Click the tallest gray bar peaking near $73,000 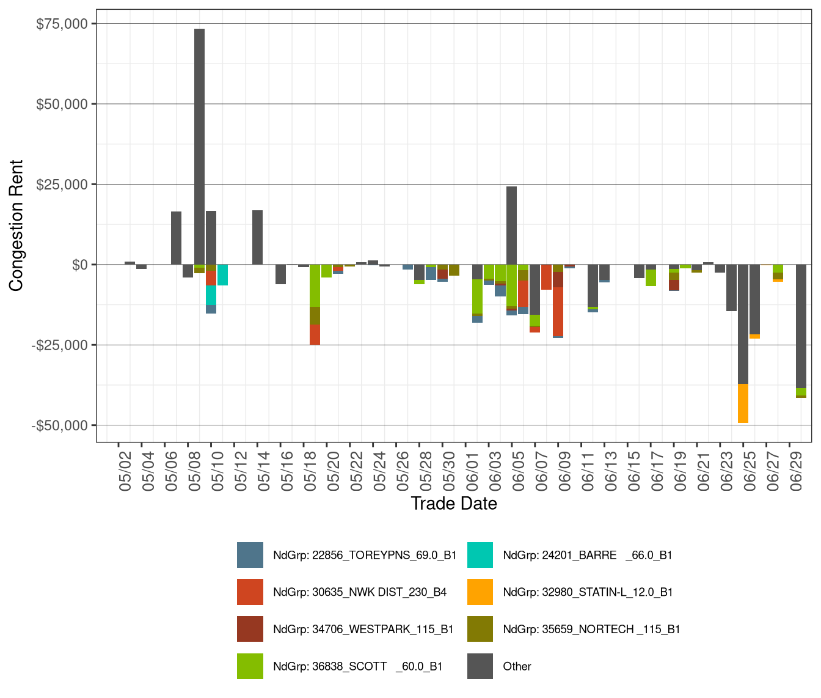[199, 147]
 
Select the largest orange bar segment [743, 403]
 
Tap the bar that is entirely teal [222, 275]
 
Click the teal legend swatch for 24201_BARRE [480, 555]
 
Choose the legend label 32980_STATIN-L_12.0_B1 [588, 592]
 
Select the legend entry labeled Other [517, 666]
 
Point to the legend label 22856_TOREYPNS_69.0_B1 [365, 555]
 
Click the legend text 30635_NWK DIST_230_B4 [360, 592]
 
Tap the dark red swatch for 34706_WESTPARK [250, 629]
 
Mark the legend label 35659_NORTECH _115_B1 [591, 629]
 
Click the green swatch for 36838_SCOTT [250, 666]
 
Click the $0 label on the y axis [79, 265]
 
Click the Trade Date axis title [453, 503]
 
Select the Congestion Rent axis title [16, 226]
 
